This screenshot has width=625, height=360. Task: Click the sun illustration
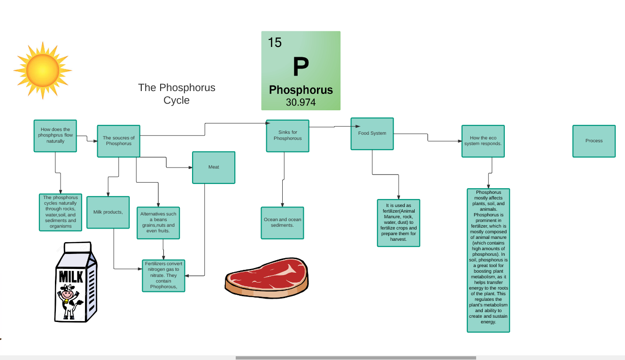[x=43, y=70]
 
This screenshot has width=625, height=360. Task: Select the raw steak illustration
[x=266, y=277]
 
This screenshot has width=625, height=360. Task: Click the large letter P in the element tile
[x=301, y=67]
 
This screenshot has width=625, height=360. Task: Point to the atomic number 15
[x=275, y=43]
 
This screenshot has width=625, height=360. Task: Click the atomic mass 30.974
[x=301, y=102]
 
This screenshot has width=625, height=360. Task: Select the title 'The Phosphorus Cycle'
[x=177, y=94]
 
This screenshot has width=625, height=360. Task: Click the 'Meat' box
[x=214, y=167]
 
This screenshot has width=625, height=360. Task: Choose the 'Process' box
[x=594, y=141]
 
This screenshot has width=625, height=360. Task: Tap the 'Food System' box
[x=372, y=133]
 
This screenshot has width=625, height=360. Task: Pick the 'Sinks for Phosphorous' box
[x=287, y=136]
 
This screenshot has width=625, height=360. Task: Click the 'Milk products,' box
[x=108, y=212]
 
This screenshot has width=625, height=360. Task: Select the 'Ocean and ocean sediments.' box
[x=282, y=222]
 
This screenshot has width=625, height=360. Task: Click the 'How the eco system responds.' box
[x=483, y=141]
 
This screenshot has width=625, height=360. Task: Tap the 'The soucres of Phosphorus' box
[x=118, y=141]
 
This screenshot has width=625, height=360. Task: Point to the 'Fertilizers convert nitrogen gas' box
[x=163, y=276]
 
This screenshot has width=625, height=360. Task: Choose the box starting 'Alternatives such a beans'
[x=158, y=222]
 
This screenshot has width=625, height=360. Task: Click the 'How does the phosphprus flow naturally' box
[x=55, y=136]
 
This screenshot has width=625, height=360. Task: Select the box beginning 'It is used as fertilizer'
[x=398, y=222]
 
